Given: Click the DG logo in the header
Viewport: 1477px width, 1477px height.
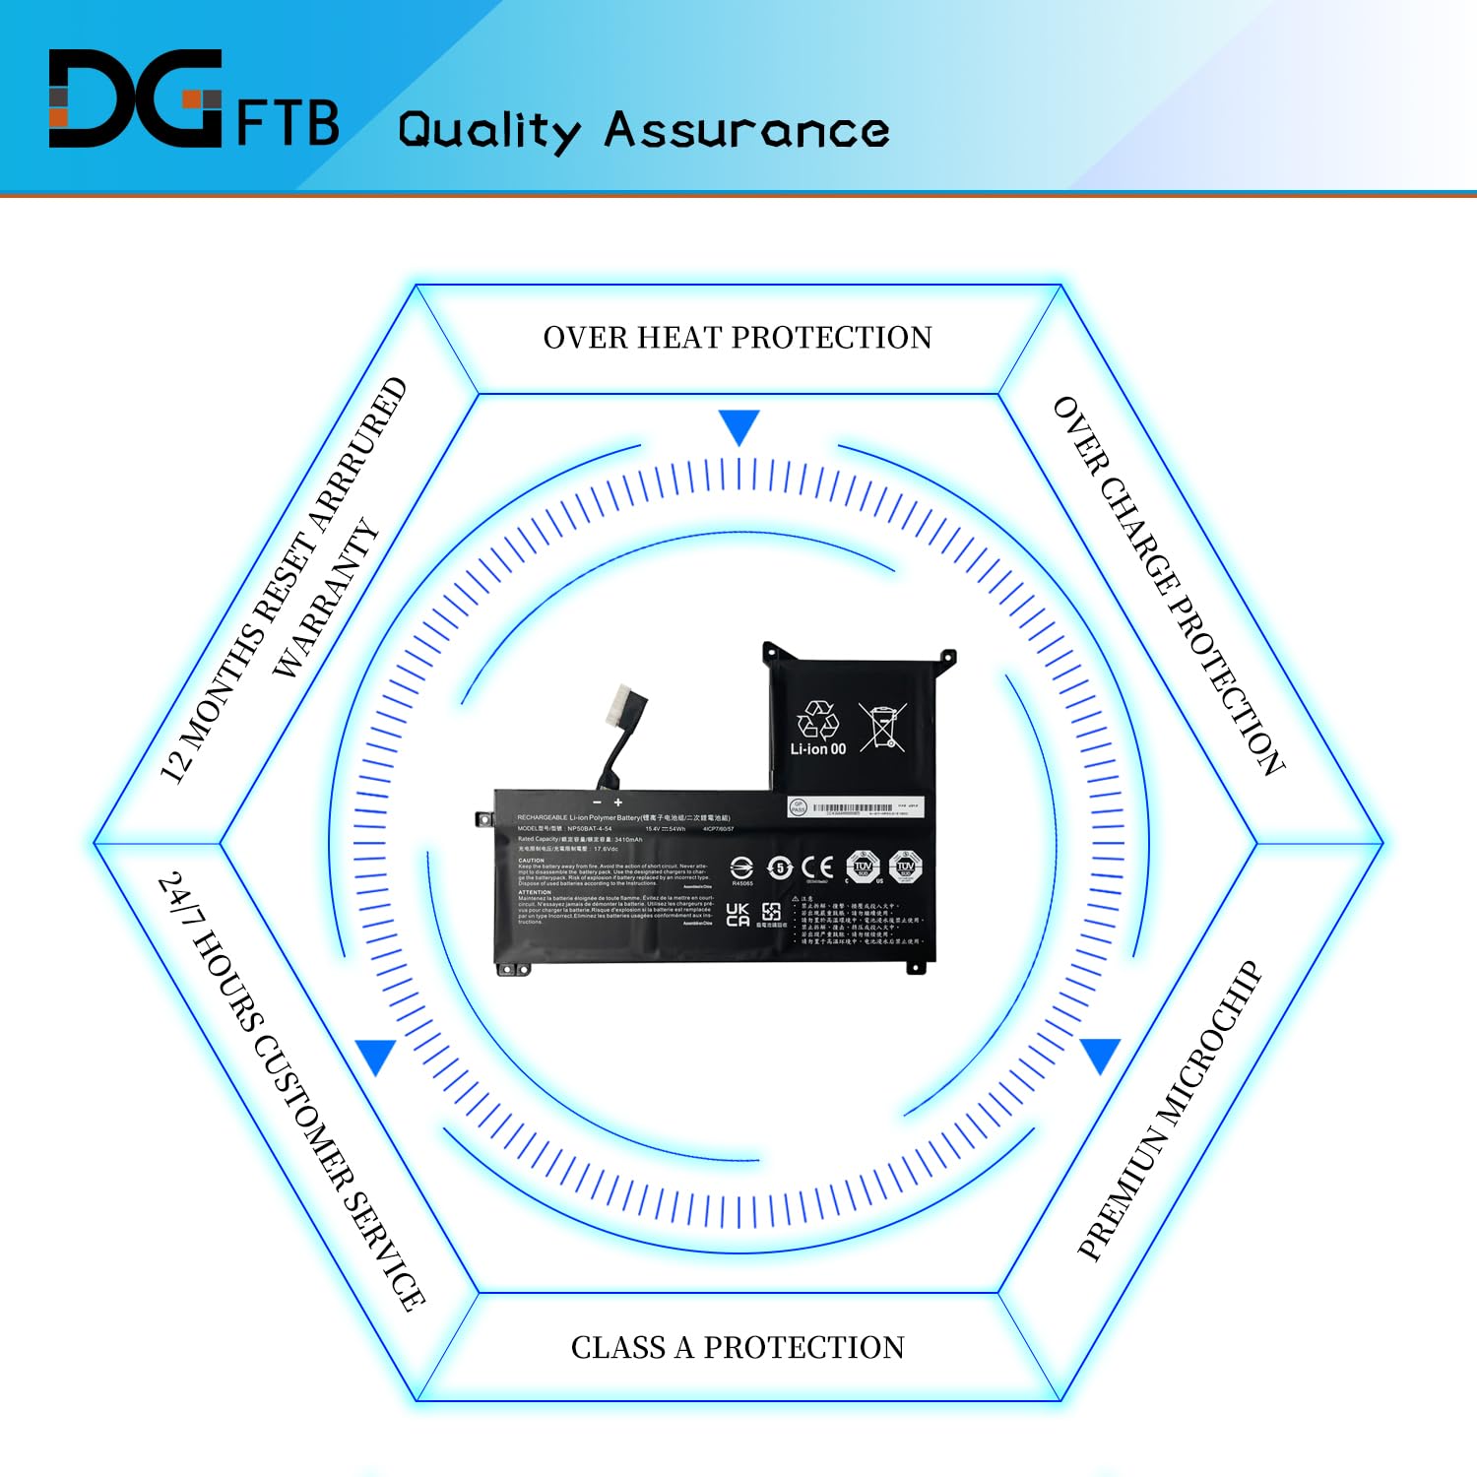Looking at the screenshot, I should (135, 99).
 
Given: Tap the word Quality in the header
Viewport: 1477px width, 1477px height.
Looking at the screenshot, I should (489, 131).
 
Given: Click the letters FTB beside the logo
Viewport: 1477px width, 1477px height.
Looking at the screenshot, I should (288, 123).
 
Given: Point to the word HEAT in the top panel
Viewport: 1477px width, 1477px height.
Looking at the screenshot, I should (678, 338).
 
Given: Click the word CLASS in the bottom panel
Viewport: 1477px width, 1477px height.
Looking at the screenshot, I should (617, 1347).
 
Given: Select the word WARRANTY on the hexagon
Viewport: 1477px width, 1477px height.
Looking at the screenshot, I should (326, 598).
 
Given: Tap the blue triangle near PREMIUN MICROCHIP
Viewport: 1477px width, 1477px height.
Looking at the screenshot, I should (1100, 1056).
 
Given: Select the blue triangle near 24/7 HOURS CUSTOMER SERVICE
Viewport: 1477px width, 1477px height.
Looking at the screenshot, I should (375, 1057).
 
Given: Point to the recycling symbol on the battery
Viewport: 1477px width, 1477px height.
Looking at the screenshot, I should (818, 720).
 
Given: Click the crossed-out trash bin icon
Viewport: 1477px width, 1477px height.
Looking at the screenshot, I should (882, 727).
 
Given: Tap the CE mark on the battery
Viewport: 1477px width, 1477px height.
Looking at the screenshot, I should (817, 867).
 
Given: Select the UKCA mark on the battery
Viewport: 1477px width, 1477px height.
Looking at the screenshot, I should (738, 915).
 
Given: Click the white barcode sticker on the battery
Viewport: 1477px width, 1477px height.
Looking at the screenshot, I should (855, 808).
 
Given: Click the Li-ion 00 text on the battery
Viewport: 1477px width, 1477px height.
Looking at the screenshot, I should (817, 749).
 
